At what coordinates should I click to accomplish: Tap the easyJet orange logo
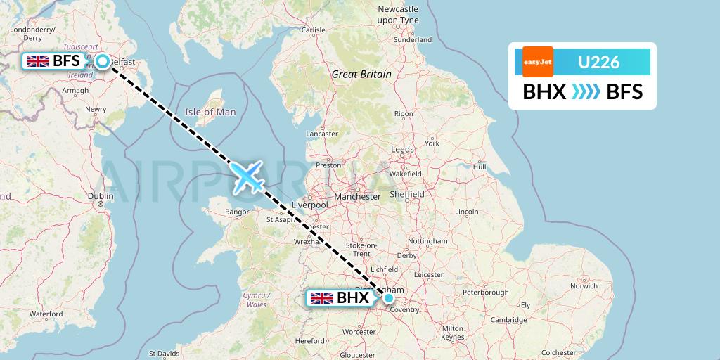coord(538,62)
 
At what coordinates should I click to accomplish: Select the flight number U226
coord(598,62)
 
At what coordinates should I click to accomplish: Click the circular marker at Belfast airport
coord(103,61)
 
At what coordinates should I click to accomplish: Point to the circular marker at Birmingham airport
coord(389,298)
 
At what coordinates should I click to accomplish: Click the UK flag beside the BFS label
coord(38,61)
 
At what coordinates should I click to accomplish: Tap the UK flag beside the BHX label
coord(322,298)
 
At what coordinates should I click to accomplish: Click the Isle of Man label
coord(210,112)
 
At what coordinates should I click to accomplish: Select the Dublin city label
coord(101,196)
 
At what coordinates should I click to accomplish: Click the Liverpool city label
coord(310,205)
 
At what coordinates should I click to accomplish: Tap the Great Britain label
coord(361,74)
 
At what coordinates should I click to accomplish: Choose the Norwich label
coord(584,286)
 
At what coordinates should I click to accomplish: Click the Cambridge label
coord(508,320)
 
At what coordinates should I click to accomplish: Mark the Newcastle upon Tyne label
coord(398,15)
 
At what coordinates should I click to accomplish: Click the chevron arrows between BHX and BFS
coord(586,91)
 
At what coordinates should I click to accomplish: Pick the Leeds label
coord(403,149)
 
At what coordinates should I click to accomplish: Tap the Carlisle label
coord(313,30)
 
